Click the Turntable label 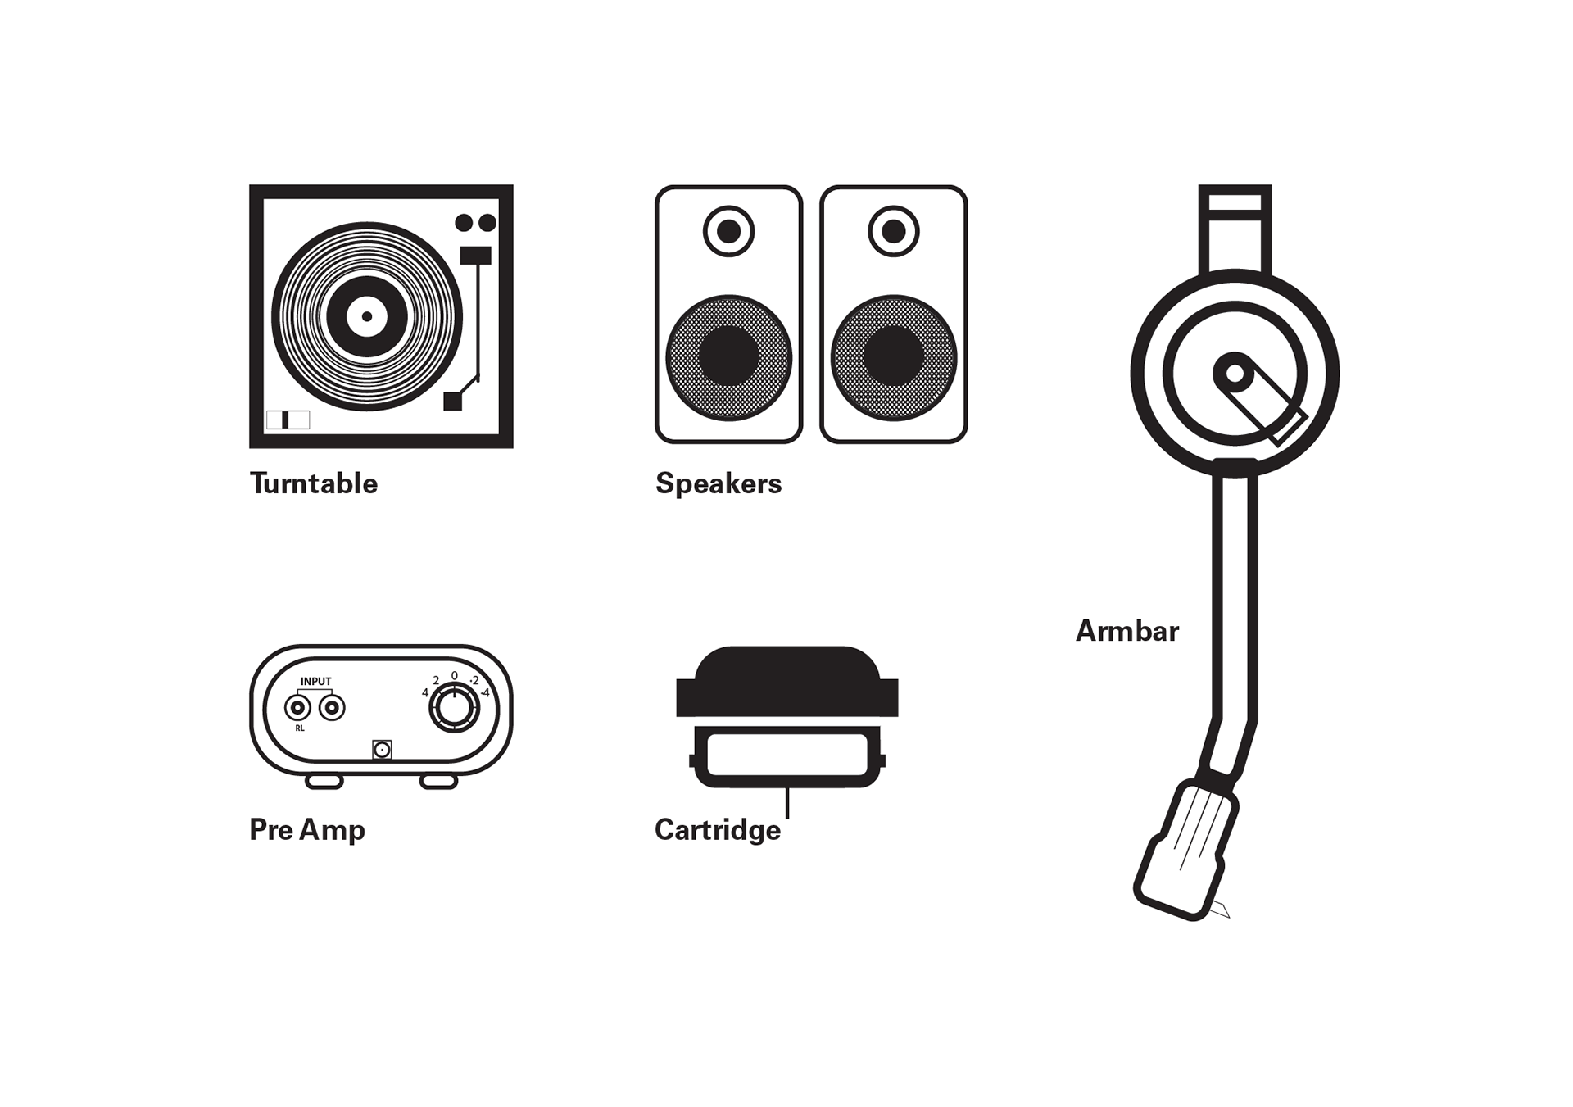click(x=313, y=483)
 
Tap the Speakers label click(x=719, y=483)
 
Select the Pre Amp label click(x=307, y=829)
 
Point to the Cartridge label click(x=718, y=829)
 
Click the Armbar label click(x=1126, y=630)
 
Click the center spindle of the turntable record click(x=367, y=316)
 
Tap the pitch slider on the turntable click(x=286, y=420)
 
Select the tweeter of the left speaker click(x=728, y=231)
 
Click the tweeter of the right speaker click(x=893, y=231)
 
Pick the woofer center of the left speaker click(x=728, y=356)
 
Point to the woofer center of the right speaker click(x=893, y=356)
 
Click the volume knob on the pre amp click(x=455, y=708)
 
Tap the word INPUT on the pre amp click(x=315, y=681)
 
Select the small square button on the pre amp click(x=382, y=749)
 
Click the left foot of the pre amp click(x=324, y=782)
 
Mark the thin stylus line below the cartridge click(x=787, y=802)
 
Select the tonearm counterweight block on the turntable click(x=475, y=255)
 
